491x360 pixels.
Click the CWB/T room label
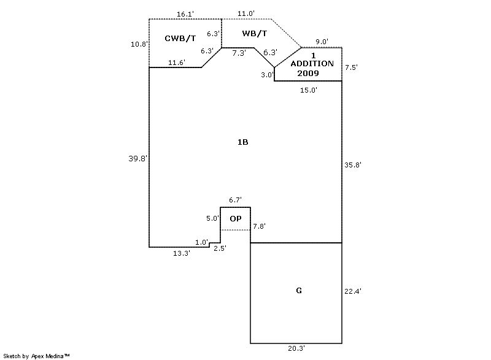tap(180, 39)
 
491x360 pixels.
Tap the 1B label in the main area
tap(243, 142)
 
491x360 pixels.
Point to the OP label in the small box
tap(235, 218)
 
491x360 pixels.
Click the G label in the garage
tap(299, 290)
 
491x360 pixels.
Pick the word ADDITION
tap(312, 64)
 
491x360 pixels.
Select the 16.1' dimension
tap(185, 13)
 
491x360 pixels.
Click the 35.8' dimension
tap(353, 164)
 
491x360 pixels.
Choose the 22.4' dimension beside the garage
tap(353, 292)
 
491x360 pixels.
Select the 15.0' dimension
tap(308, 90)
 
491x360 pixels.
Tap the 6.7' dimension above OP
tap(235, 200)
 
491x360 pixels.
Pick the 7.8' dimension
tap(260, 226)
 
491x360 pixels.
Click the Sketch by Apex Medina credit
tap(37, 355)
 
